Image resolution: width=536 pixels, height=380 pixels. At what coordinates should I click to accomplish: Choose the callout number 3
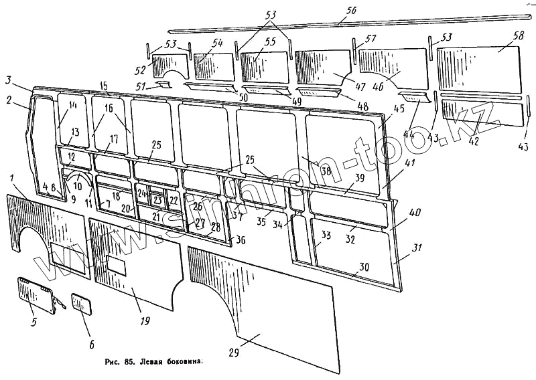(x=7, y=80)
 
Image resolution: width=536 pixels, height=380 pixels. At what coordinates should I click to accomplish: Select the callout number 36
(x=241, y=240)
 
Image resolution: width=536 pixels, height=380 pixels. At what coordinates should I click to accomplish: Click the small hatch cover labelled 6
(x=81, y=303)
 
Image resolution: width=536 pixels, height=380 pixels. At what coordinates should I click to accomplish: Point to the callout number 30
(x=363, y=266)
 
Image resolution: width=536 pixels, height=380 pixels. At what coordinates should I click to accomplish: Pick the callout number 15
(x=103, y=86)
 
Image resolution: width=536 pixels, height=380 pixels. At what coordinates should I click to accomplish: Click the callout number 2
(x=9, y=101)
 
